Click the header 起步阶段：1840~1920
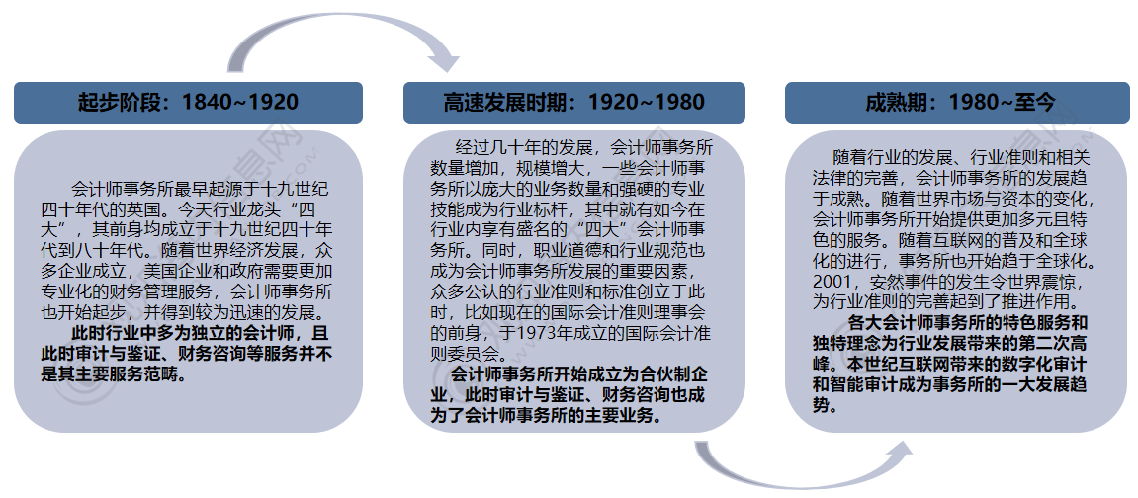(188, 102)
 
